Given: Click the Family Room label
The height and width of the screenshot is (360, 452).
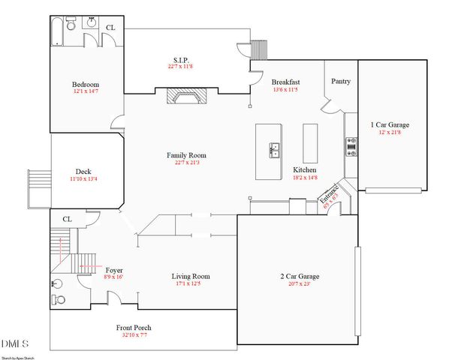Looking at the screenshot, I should click(187, 155).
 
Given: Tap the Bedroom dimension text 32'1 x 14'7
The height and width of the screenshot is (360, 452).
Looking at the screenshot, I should click(85, 92).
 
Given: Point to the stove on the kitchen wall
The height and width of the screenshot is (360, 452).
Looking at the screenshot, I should click(351, 146).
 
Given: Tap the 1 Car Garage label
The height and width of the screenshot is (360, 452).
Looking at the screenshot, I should click(390, 124).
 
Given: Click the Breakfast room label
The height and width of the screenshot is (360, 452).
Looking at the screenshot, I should click(285, 82).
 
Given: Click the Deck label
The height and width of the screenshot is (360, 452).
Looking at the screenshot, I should click(84, 171).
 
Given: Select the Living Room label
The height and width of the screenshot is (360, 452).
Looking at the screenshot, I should click(191, 276).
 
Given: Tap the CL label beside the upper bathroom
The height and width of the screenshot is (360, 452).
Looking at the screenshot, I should click(110, 28).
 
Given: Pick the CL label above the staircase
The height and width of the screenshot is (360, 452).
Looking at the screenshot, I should click(67, 219).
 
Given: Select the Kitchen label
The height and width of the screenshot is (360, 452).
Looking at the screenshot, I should click(305, 170).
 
